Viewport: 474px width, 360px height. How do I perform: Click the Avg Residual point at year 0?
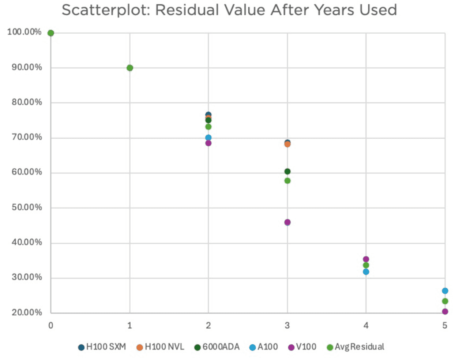coord(51,33)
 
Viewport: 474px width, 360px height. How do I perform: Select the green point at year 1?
coord(130,68)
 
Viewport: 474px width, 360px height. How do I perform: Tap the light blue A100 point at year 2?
coord(208,138)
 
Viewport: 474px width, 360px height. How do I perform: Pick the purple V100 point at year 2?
coord(208,143)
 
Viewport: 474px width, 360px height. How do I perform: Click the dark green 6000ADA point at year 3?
coord(287,172)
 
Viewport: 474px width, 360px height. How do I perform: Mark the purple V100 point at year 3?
coord(287,222)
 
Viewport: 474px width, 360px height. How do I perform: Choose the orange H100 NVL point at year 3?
coord(287,145)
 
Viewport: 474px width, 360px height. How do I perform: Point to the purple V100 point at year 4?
coord(366,259)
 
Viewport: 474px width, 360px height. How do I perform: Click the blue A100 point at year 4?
coord(366,272)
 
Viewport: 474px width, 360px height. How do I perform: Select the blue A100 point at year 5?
coord(445,291)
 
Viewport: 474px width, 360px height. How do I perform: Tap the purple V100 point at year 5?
coord(445,312)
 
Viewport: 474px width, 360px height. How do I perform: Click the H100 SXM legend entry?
coord(102,347)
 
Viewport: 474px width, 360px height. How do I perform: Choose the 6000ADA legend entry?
coord(217,347)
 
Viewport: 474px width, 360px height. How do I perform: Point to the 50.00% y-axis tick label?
coord(27,207)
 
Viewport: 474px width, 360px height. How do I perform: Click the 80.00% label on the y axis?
coord(27,102)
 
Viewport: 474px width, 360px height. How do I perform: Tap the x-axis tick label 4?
coord(366,326)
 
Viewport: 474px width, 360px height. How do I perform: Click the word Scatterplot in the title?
coord(106,10)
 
